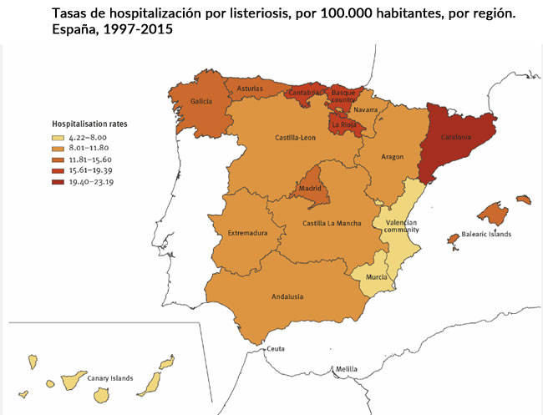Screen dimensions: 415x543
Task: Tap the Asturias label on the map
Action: (251, 88)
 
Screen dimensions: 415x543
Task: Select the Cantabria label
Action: (304, 93)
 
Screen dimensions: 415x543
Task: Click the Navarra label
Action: (366, 110)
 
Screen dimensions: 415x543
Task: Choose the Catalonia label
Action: (456, 138)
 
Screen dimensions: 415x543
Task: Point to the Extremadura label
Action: (248, 233)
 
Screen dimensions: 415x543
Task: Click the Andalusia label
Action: (287, 296)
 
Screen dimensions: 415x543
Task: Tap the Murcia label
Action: (376, 276)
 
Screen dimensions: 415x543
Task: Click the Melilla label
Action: (346, 368)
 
